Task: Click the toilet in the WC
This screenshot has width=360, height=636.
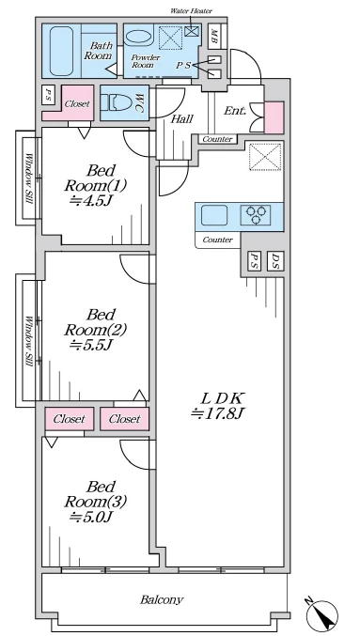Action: click(x=116, y=102)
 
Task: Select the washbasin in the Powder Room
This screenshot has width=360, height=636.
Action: click(x=138, y=37)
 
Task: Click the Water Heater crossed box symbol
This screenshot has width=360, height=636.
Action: click(x=191, y=31)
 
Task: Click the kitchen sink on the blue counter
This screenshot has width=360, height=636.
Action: click(x=214, y=215)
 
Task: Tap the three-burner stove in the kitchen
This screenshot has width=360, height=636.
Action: click(x=256, y=215)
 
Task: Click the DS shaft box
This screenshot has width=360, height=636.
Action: click(x=275, y=261)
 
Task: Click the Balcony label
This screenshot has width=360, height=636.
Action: click(x=162, y=599)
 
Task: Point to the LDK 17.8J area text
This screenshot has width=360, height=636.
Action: click(x=218, y=406)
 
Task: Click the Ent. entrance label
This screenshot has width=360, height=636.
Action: click(x=235, y=110)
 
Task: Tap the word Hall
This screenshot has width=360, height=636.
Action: click(x=181, y=119)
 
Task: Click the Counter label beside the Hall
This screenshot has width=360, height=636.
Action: click(x=217, y=139)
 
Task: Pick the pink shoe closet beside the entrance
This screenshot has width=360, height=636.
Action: click(x=274, y=117)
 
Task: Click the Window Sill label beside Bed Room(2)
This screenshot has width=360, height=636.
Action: click(x=29, y=342)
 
